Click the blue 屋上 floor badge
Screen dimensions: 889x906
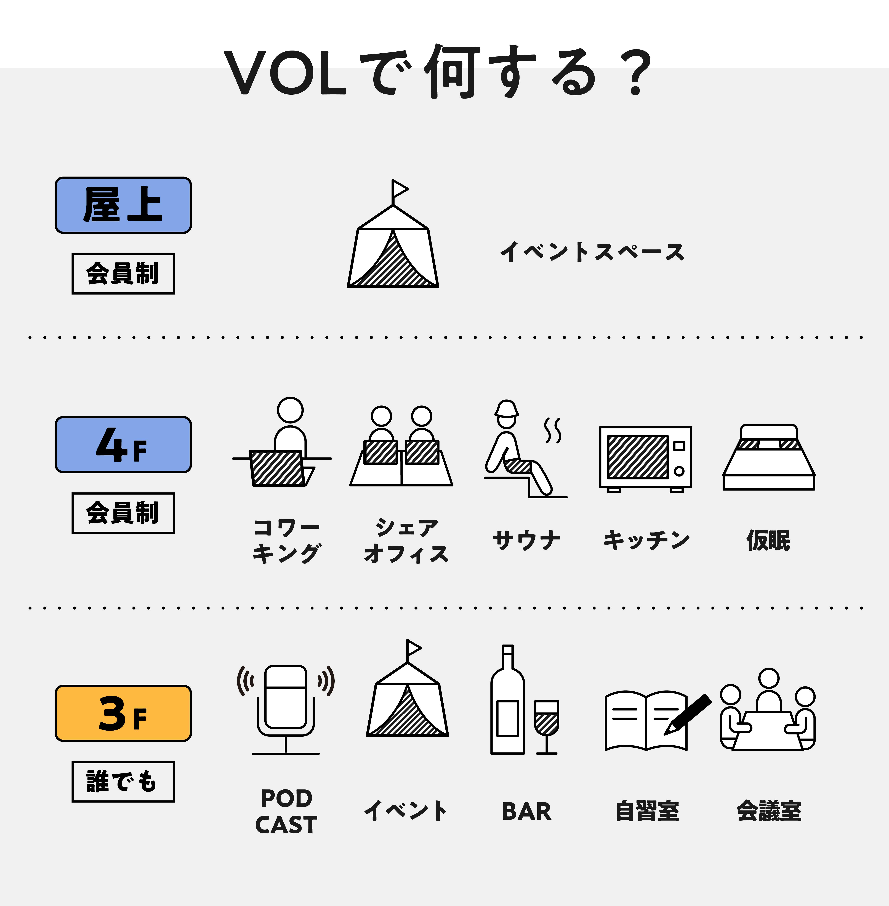point(123,205)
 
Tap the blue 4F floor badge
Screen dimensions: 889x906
point(123,444)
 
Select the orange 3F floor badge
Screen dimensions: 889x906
point(123,713)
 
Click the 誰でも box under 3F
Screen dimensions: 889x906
point(123,782)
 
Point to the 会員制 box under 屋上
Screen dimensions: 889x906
point(123,274)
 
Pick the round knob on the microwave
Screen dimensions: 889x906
point(679,471)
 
